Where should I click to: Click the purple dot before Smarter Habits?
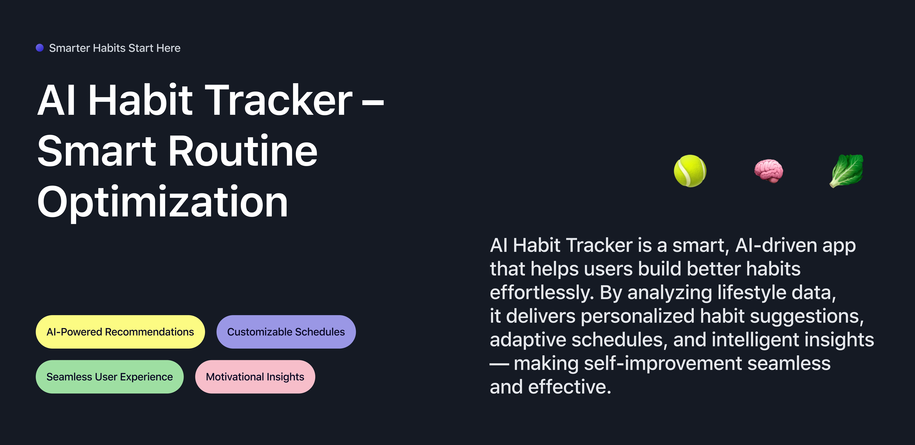coord(40,48)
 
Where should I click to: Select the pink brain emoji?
coord(769,171)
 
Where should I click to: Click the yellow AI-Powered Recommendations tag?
coord(120,332)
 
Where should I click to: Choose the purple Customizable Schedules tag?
coord(286,332)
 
